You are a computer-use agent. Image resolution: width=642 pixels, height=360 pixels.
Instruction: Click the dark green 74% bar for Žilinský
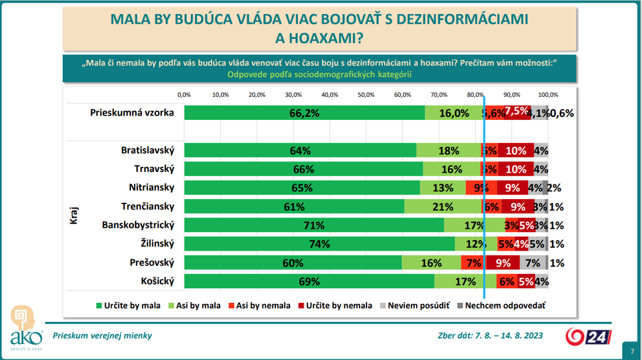tap(319, 244)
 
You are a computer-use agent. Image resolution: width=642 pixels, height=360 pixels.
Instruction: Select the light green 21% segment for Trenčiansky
tap(443, 207)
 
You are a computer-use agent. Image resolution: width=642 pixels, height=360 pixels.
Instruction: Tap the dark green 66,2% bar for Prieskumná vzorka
tap(304, 112)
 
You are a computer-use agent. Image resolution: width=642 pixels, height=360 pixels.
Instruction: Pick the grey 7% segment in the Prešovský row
tap(532, 262)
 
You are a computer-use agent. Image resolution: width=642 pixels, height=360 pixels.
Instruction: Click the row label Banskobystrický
tap(139, 225)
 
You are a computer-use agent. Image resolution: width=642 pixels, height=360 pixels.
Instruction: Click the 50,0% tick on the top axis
tap(366, 94)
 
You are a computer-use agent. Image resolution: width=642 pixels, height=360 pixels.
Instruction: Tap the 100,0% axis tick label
tap(548, 94)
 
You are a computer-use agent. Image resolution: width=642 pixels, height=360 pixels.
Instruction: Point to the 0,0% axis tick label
tap(184, 94)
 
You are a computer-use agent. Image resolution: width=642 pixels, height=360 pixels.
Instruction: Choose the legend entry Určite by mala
tap(128, 305)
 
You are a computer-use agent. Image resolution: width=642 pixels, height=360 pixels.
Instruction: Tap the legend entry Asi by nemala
tap(263, 305)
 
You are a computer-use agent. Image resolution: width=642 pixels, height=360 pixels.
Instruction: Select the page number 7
tap(632, 351)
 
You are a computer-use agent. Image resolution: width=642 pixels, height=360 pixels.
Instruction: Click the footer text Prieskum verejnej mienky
tap(103, 336)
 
